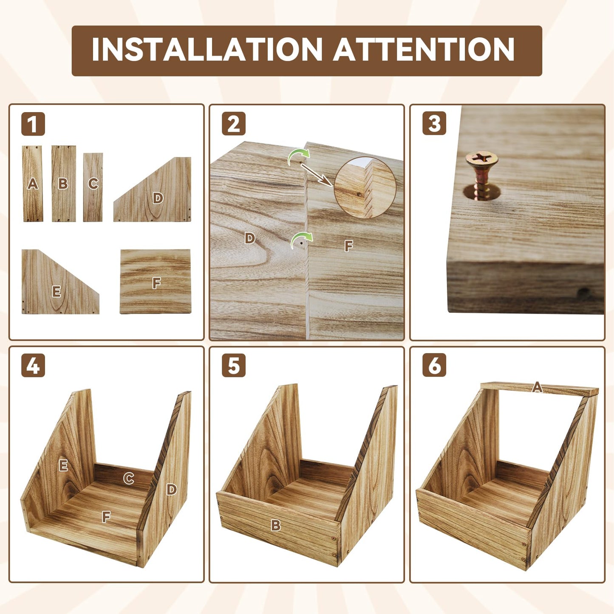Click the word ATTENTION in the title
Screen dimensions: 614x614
[424, 49]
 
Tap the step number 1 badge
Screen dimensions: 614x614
[33, 124]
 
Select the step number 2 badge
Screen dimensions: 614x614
[234, 124]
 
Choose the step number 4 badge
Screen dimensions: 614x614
[33, 365]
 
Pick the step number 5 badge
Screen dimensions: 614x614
[234, 365]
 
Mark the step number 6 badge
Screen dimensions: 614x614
[434, 365]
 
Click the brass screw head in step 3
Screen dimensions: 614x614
[481, 160]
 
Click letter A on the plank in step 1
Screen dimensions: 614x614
[32, 184]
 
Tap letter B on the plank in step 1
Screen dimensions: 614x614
[63, 184]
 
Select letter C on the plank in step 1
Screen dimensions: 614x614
[93, 184]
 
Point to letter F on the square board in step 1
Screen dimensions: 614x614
[156, 283]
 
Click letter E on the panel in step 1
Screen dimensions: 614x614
[57, 291]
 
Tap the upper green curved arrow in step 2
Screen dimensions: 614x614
[299, 157]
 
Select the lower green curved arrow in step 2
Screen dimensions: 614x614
[301, 240]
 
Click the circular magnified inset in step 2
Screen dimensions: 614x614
[365, 188]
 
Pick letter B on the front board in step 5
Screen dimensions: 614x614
[276, 525]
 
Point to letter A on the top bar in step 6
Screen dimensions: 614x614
[537, 387]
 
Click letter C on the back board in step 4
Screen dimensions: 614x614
[128, 478]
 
